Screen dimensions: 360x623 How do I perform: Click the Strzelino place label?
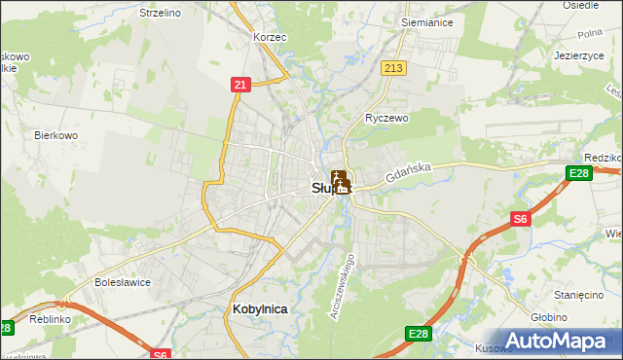162,13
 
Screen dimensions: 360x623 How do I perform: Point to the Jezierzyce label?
580,55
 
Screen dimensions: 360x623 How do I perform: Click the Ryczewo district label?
386,117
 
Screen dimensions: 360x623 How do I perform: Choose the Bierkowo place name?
55,135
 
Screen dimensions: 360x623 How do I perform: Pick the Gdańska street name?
407,174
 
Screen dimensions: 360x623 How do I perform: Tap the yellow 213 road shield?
393,67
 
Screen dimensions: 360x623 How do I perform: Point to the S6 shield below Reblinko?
161,354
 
